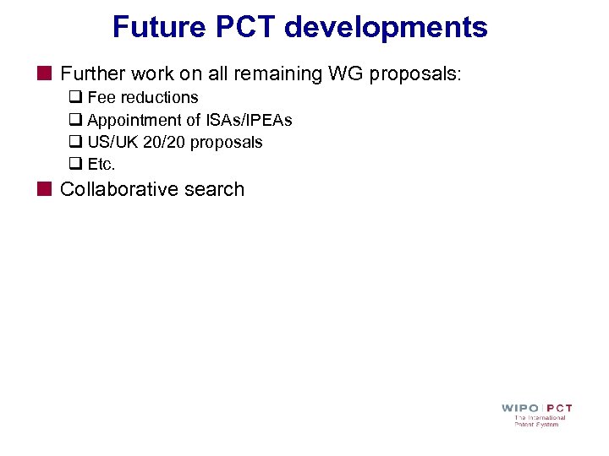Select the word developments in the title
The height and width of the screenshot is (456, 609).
[x=386, y=27]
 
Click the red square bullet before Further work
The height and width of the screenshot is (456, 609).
[x=44, y=74]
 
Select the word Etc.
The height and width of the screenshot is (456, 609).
[x=101, y=164]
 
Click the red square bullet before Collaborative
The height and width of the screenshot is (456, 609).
[x=44, y=189]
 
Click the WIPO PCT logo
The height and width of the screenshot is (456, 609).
[x=537, y=414]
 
